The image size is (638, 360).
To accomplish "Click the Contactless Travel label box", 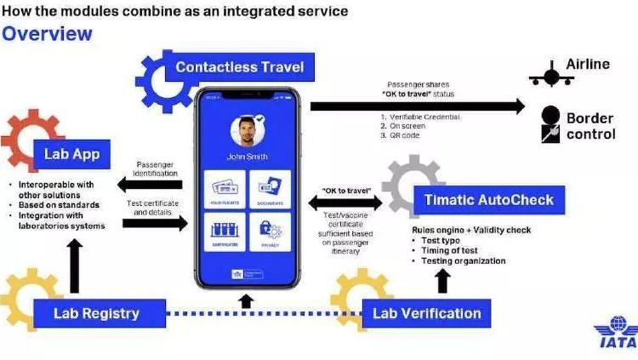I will point(239,67).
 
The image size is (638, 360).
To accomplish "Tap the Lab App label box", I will point(72,154).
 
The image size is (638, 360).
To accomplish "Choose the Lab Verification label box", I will point(426,313).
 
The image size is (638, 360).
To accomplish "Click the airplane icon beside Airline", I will point(550,75).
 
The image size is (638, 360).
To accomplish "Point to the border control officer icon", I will point(550,124).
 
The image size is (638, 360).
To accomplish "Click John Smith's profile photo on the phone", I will point(247,132).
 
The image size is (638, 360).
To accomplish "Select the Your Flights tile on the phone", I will point(225,189).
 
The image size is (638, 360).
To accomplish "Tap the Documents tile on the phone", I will point(270,189).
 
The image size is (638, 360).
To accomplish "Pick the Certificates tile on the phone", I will point(225,232).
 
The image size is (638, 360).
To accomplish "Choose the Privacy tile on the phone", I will point(270,232).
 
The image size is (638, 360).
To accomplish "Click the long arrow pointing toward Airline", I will point(417,106).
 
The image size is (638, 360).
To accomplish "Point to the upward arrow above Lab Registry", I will point(74,265).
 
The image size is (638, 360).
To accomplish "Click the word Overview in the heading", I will point(47,34).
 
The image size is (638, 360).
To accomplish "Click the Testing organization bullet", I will point(464,260).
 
